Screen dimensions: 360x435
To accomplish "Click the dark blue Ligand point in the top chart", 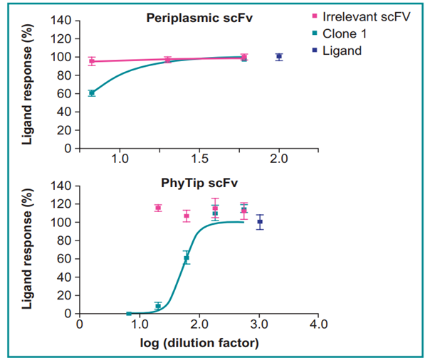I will pos(279,56).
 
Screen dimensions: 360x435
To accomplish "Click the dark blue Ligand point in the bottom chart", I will pos(260,222).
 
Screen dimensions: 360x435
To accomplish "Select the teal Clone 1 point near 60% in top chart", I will pos(92,92).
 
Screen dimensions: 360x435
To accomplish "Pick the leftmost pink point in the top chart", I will pos(92,61).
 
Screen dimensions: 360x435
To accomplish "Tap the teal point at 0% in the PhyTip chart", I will pos(129,313).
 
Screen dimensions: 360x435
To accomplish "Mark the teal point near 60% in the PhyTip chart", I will pos(187,258).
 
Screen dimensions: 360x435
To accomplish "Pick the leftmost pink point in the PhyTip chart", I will pos(158,208).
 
